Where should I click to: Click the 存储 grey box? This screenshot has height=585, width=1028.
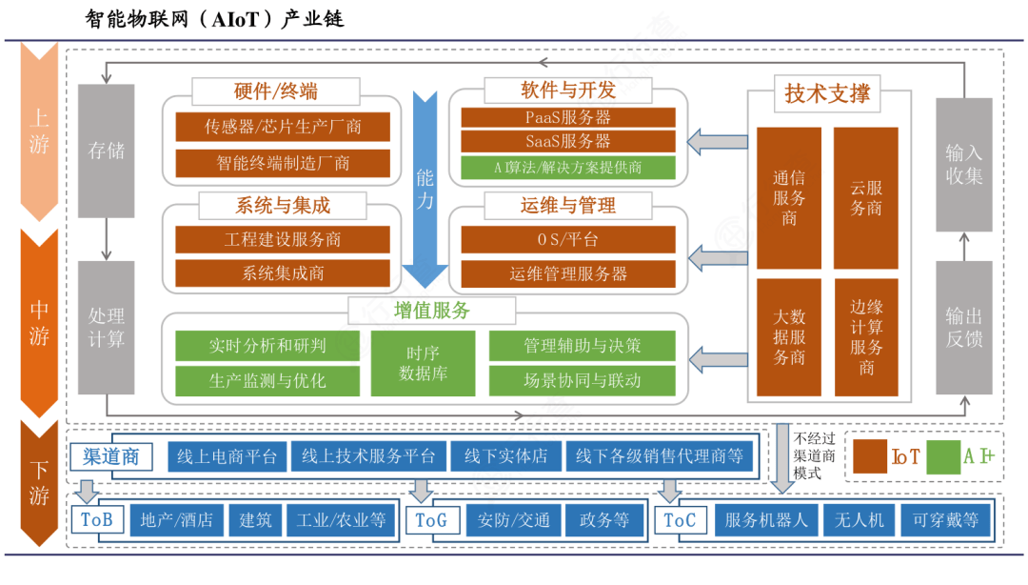[106, 150]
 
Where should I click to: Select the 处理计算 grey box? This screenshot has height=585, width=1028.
[106, 327]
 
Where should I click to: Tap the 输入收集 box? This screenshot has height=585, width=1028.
[963, 164]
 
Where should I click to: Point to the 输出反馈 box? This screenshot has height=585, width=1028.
[963, 327]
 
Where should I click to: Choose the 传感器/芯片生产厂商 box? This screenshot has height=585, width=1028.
[283, 127]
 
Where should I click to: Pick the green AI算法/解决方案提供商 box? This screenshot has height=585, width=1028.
[568, 168]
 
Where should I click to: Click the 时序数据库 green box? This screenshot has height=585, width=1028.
[423, 364]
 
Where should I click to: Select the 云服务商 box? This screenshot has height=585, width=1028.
[865, 198]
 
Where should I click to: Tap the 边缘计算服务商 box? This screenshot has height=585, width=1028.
[865, 337]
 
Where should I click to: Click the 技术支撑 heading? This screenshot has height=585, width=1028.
[826, 94]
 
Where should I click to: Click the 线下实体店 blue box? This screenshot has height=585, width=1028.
[505, 456]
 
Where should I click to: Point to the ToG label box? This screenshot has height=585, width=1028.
[430, 520]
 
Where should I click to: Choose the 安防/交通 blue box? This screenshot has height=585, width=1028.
[513, 520]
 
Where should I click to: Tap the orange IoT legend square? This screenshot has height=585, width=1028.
[869, 456]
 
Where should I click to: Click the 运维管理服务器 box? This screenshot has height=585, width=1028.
[568, 273]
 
